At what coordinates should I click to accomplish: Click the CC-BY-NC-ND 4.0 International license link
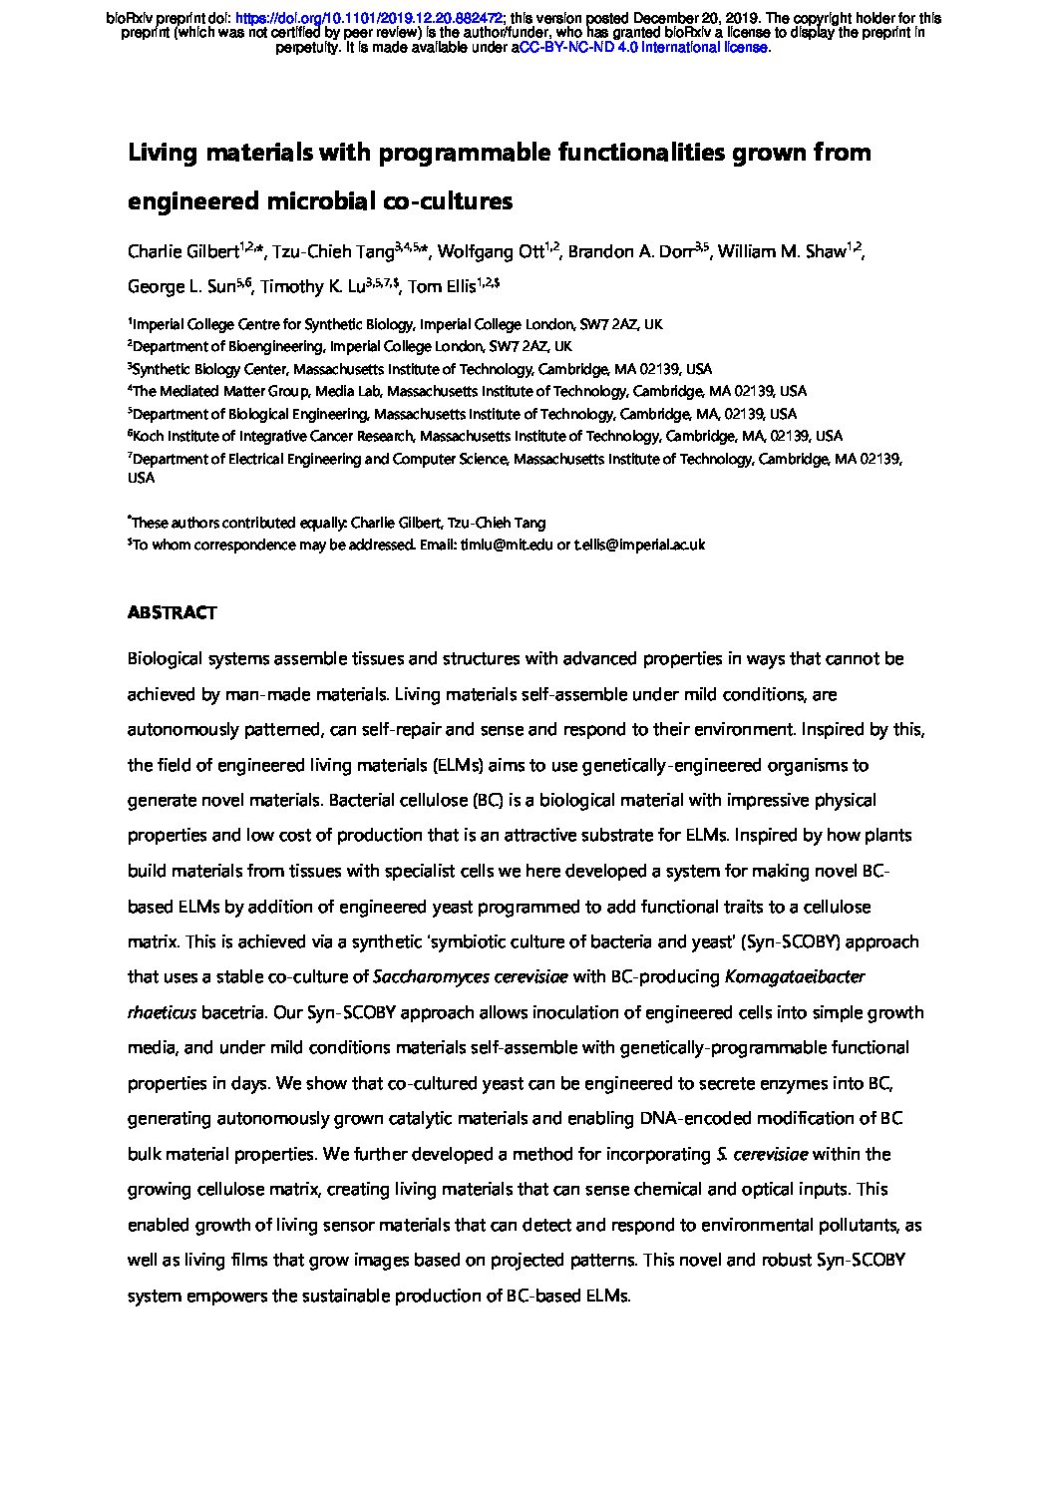tap(643, 47)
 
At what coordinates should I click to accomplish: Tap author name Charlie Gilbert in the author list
tap(182, 251)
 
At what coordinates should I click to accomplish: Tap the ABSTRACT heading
tap(172, 612)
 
